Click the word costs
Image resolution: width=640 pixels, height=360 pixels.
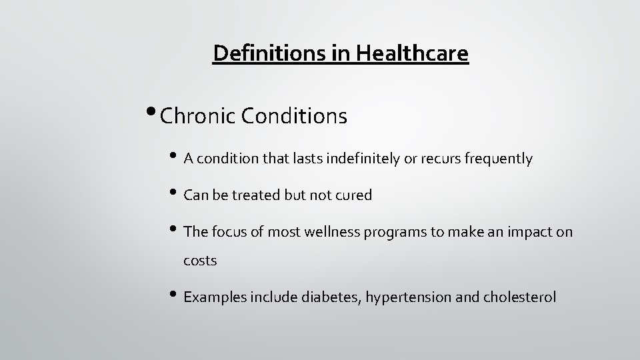(200, 261)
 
